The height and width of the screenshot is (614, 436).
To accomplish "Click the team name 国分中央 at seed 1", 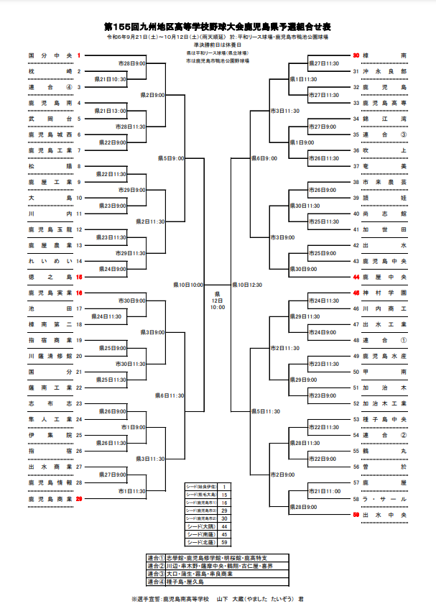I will point(50,55).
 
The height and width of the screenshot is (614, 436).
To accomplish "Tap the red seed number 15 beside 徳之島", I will point(79,277).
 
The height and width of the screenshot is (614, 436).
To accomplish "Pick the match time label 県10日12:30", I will point(246,285).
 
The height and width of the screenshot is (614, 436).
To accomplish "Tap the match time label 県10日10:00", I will point(188,285).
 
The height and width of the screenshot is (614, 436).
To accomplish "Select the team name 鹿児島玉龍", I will point(50,229).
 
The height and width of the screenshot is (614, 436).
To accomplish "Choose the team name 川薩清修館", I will point(50,356).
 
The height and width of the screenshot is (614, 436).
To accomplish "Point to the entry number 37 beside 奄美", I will point(356,166).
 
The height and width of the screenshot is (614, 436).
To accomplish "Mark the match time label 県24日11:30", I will point(106,316).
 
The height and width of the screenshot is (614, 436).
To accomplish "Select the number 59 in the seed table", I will point(223,543).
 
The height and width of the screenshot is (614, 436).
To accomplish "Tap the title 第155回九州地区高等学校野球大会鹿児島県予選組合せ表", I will point(218,25).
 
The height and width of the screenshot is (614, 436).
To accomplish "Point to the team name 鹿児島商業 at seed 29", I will point(50,498).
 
